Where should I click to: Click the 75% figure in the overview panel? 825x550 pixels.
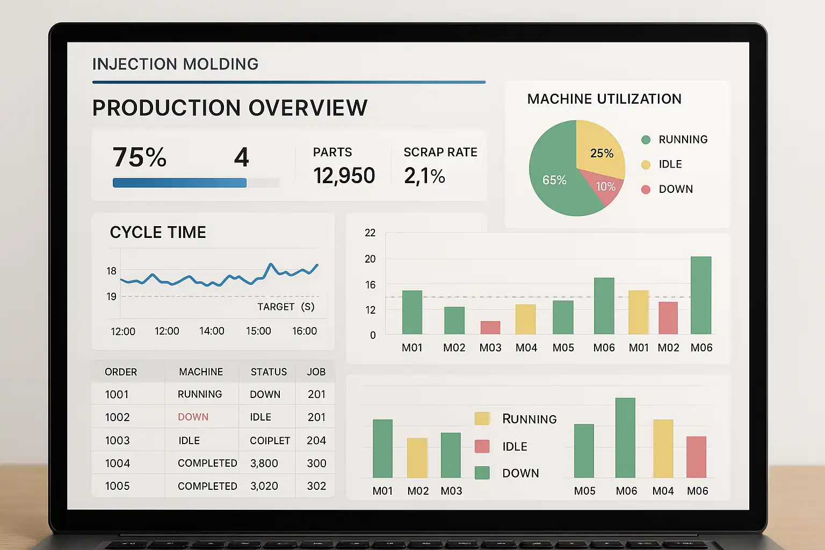tap(140, 157)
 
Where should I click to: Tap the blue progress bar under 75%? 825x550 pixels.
tap(179, 183)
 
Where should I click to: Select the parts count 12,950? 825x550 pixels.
tap(344, 176)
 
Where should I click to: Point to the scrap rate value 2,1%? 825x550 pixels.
tap(424, 176)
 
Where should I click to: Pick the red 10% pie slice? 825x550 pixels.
tap(607, 187)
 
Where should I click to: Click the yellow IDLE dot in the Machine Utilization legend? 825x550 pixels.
tap(646, 164)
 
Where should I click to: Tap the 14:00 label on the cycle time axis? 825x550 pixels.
tap(212, 331)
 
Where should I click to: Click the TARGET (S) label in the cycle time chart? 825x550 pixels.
tap(285, 307)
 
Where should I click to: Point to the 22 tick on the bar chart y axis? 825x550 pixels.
tap(370, 233)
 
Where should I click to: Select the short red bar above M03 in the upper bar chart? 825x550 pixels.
tap(490, 327)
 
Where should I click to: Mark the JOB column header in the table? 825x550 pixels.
tap(316, 372)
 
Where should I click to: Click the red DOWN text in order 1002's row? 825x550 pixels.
tap(193, 417)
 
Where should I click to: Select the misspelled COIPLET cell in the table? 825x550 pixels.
tap(270, 440)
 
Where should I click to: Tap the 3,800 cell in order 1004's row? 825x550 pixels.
tap(264, 463)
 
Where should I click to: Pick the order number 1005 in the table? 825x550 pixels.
tap(117, 486)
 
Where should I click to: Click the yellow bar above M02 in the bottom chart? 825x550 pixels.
tap(417, 458)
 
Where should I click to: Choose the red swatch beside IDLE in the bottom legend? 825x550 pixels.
tap(482, 446)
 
